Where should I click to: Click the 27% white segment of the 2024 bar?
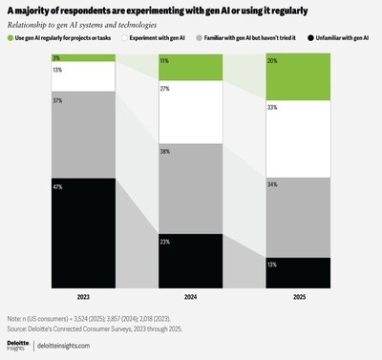[191, 110]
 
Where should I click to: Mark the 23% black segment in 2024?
[191, 247]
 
